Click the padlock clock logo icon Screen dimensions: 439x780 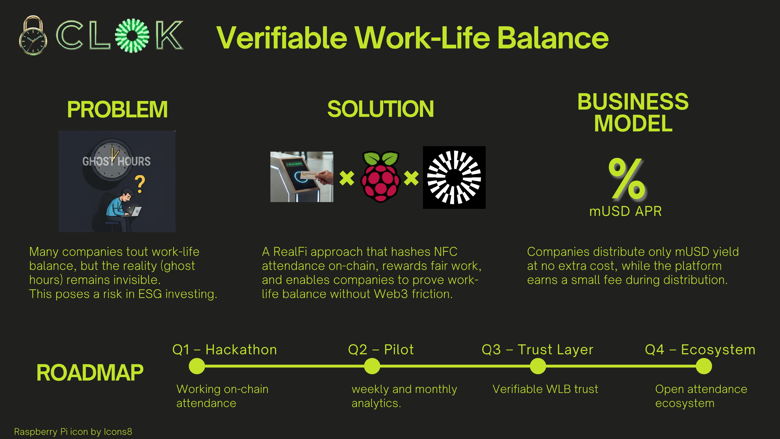tap(33, 36)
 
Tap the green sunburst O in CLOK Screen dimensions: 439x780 tap(132, 35)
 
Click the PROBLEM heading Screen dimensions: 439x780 tap(117, 109)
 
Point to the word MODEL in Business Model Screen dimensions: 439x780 tap(633, 124)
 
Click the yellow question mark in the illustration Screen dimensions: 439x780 tap(140, 184)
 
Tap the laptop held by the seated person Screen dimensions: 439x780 tap(136, 211)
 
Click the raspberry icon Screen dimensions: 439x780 tap(380, 177)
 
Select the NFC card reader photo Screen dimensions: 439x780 tap(302, 177)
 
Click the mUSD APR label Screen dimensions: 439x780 tap(625, 211)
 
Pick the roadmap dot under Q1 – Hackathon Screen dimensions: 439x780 tap(197, 366)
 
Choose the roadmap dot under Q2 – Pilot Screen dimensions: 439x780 tap(372, 366)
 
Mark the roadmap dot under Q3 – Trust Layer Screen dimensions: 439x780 tap(538, 366)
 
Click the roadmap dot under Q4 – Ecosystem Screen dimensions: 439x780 tap(704, 366)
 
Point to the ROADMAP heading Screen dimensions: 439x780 tap(90, 373)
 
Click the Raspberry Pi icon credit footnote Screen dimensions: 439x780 tap(73, 431)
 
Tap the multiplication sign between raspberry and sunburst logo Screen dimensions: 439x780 tap(411, 178)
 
